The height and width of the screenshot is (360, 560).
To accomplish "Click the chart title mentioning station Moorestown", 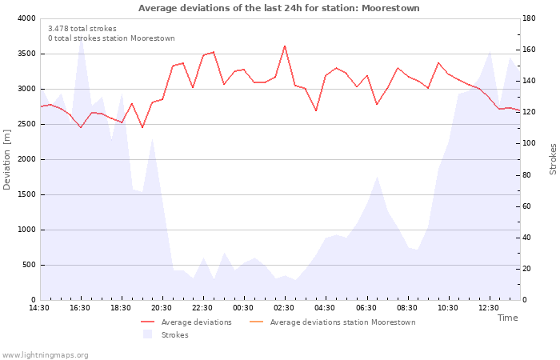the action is tap(279, 8).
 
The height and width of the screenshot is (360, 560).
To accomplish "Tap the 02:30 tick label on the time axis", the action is tap(284, 308).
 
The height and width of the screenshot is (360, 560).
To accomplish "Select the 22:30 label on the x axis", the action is tap(202, 308).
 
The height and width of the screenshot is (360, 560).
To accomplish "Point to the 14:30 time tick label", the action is tap(39, 308).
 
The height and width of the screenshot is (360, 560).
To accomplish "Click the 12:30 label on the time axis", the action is tap(489, 308).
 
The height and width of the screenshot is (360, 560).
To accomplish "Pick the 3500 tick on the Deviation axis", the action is tap(27, 54).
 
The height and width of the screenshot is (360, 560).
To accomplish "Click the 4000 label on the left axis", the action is tap(27, 18).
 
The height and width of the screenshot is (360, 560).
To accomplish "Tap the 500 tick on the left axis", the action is tap(30, 265).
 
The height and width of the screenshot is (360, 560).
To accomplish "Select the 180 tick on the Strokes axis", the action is tap(530, 18).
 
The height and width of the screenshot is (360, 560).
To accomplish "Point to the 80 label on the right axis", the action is tap(527, 175).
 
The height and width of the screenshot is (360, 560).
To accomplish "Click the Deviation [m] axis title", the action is tap(6, 159).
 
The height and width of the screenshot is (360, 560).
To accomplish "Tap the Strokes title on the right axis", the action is tap(553, 159).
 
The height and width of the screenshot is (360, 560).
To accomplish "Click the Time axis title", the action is tap(507, 318).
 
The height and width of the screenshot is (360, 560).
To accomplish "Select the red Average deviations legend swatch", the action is tap(147, 322).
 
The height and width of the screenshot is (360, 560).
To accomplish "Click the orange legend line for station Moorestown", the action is tap(256, 322).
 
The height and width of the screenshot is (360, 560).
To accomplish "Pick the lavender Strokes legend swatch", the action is tap(147, 334).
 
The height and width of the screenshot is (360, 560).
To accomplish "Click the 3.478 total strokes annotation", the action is tap(82, 29).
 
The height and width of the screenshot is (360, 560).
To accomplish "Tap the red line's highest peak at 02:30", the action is tap(285, 46).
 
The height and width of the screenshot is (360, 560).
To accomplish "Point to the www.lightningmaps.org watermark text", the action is tap(45, 355).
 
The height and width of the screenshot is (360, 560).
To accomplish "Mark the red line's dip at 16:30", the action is tap(81, 127).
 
